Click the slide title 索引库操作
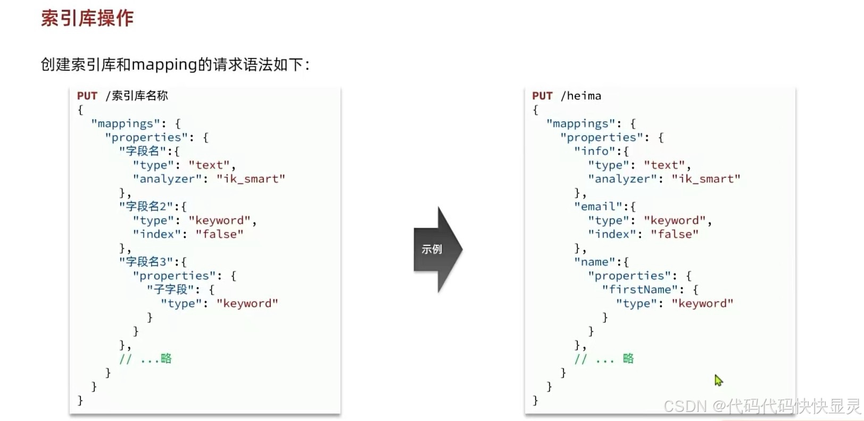[87, 18]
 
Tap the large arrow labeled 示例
[437, 249]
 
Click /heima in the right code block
[581, 96]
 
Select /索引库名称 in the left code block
[137, 96]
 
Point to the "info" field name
[594, 151]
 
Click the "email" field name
[598, 207]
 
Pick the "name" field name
[594, 262]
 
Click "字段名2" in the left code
[146, 207]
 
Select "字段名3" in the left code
[146, 262]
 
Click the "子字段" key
[170, 290]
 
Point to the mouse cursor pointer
[718, 380]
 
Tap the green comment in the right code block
[604, 359]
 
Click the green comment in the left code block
[146, 359]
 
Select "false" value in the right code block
[674, 234]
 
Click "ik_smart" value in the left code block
[251, 179]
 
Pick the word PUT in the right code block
[542, 96]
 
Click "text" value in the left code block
[209, 165]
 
